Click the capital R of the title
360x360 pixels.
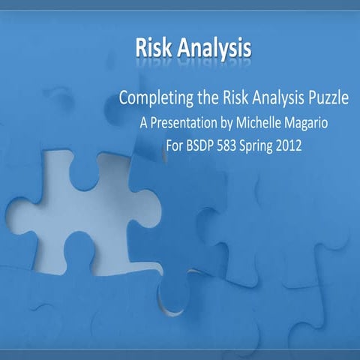142,47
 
